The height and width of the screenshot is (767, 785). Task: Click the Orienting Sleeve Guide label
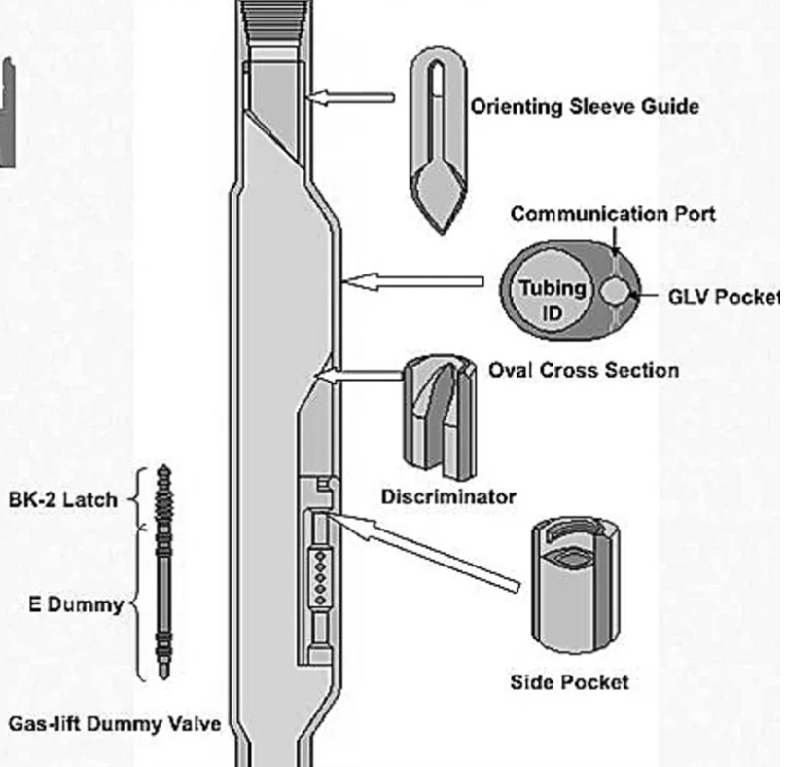coord(584,106)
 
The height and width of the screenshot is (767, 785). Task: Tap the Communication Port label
coord(612,213)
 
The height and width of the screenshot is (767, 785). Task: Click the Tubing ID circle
coord(552,299)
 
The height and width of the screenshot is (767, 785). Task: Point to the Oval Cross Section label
coord(583,370)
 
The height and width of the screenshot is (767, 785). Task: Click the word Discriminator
coord(448,496)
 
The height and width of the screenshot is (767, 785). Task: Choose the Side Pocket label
coord(569,681)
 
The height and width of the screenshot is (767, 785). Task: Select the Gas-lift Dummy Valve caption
coord(115,724)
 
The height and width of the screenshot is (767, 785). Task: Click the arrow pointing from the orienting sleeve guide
coord(351,97)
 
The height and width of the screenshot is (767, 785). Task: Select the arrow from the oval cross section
coord(414,282)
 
